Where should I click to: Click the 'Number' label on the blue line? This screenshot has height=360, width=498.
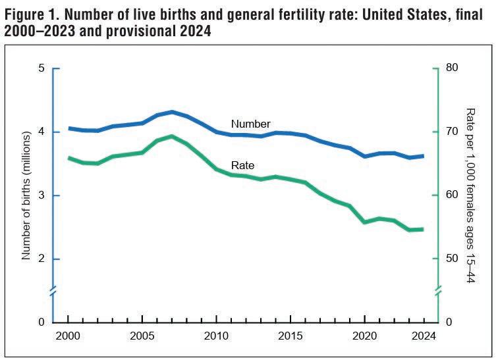point(250,124)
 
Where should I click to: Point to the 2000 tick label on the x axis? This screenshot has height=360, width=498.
point(68,336)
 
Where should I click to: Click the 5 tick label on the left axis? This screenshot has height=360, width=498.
point(41,68)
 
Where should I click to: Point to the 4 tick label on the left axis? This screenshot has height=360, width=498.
point(41,132)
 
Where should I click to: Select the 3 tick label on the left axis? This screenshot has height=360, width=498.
point(41,195)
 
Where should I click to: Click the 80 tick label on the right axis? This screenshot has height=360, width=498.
point(454,68)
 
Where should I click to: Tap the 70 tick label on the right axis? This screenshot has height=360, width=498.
point(454,132)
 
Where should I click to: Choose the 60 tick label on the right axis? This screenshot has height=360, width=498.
point(454,195)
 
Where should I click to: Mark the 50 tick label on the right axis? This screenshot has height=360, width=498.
point(454,259)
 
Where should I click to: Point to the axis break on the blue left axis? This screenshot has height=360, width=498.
point(55,290)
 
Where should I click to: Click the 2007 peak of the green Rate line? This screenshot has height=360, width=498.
point(172,136)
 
